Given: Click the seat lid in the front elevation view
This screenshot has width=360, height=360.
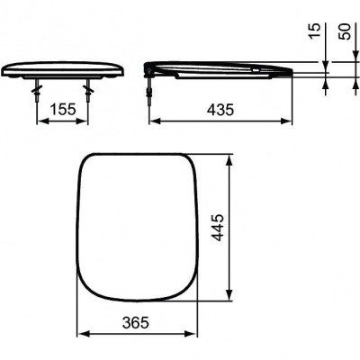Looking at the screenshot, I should click(x=63, y=68).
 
